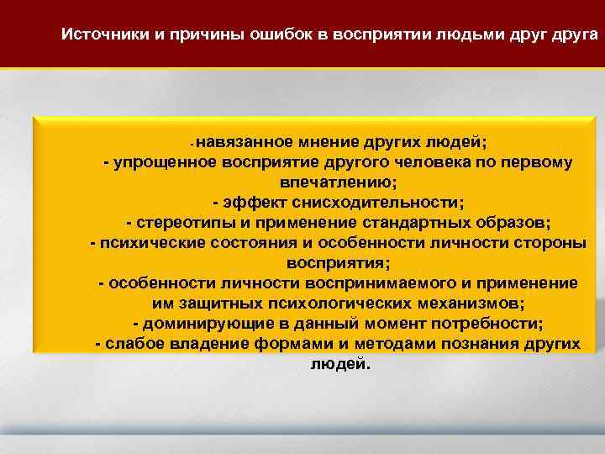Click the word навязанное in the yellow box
(245, 140)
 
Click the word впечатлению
(337, 182)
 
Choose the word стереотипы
(176, 223)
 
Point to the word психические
(146, 243)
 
